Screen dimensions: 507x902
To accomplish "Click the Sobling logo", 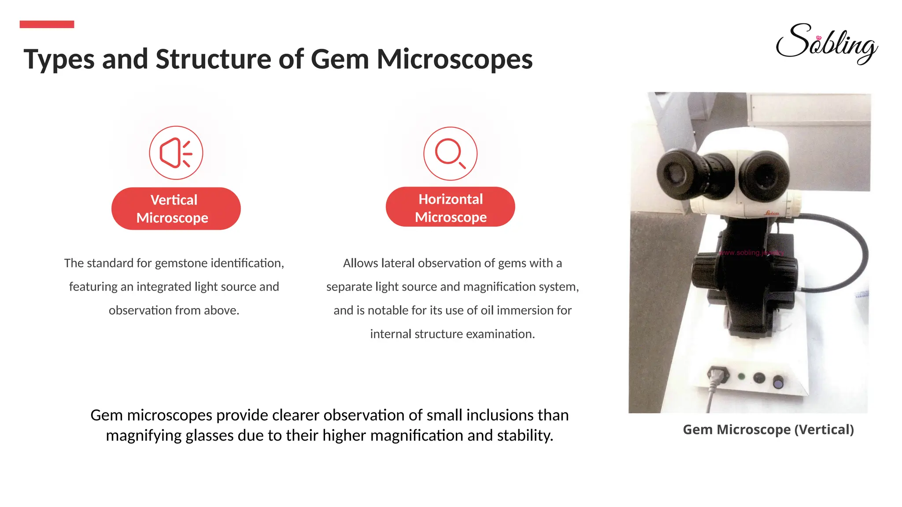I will (826, 44).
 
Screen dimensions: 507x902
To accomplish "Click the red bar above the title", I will (47, 24).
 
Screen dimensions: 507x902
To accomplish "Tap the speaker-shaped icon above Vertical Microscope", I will (176, 153).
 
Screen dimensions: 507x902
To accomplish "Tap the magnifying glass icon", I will (450, 154).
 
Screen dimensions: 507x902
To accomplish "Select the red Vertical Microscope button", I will (176, 209).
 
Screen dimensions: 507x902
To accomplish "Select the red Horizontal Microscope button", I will (450, 207).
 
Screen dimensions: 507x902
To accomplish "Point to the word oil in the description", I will (487, 310).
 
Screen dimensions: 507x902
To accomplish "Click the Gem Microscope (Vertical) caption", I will (768, 430).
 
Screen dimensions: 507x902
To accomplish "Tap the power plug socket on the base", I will (717, 375).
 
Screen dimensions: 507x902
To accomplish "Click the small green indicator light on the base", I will (741, 376).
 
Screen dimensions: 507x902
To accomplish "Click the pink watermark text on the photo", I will (751, 253).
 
